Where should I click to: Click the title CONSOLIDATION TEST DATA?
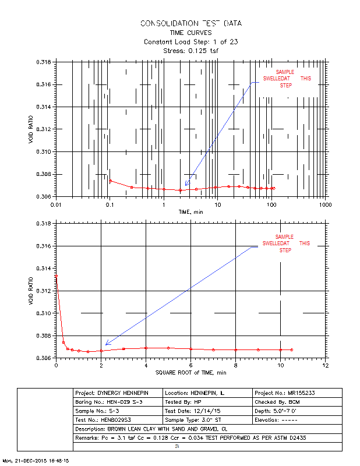[191, 23]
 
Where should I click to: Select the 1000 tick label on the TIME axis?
[324, 205]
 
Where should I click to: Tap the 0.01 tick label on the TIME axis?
[56, 205]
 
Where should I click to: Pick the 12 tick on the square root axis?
[325, 365]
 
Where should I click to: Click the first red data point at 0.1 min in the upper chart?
[110, 181]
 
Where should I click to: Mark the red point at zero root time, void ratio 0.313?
[57, 276]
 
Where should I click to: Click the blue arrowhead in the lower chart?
[107, 344]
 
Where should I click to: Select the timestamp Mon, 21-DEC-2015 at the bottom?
[36, 460]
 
